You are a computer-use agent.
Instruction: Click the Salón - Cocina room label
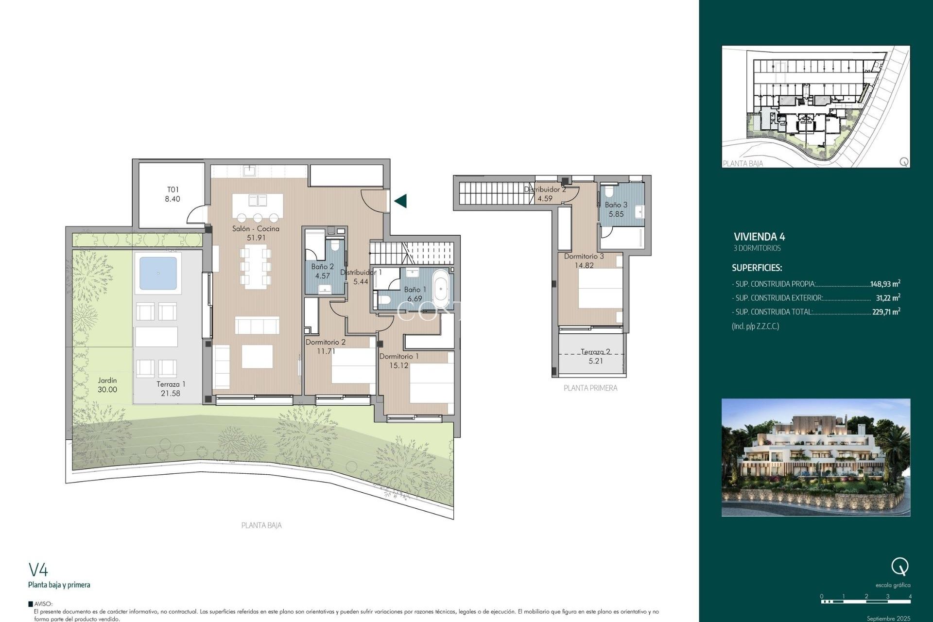256,233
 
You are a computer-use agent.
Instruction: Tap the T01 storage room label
173,194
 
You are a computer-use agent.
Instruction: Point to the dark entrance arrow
400,201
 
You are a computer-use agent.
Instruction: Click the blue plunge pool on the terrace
158,273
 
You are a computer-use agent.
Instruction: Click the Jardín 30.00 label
107,385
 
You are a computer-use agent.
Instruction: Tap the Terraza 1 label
171,389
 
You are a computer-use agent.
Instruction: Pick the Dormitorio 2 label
326,346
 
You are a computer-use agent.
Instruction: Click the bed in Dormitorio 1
432,384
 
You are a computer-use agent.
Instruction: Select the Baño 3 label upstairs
616,209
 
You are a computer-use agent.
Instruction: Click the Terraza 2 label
595,356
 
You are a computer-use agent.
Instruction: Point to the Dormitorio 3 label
584,260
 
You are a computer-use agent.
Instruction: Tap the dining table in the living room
255,266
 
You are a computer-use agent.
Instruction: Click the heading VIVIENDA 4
759,237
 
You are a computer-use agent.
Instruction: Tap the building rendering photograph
815,457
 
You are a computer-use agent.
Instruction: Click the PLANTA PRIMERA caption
590,388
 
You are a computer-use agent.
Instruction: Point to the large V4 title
38,569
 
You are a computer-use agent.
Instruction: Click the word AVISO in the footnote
43,604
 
